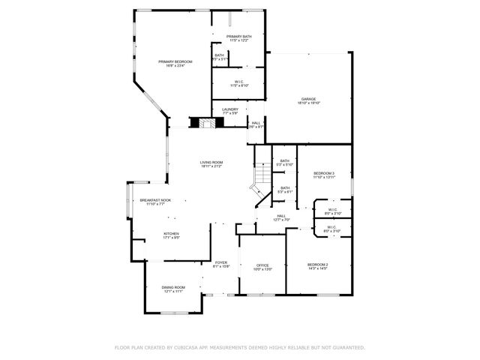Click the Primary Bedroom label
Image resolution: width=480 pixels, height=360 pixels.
175,61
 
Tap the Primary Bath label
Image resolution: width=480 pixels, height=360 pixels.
239,36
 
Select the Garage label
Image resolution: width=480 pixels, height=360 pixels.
308,99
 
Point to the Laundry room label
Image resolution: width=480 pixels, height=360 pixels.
230,109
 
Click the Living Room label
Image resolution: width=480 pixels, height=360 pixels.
211,163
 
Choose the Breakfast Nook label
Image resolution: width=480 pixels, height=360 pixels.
155,200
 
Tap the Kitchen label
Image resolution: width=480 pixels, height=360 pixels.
172,233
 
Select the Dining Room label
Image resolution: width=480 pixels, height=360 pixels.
173,287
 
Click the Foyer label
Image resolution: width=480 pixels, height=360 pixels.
221,262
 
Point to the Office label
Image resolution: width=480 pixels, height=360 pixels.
262,265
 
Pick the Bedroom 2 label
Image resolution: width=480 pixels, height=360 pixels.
318,265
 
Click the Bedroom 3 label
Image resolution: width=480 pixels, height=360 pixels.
324,173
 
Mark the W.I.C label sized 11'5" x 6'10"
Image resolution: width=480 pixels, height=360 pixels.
239,85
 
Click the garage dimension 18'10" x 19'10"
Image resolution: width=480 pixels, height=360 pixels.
308,103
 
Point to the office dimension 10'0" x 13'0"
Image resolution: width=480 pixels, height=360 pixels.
262,268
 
